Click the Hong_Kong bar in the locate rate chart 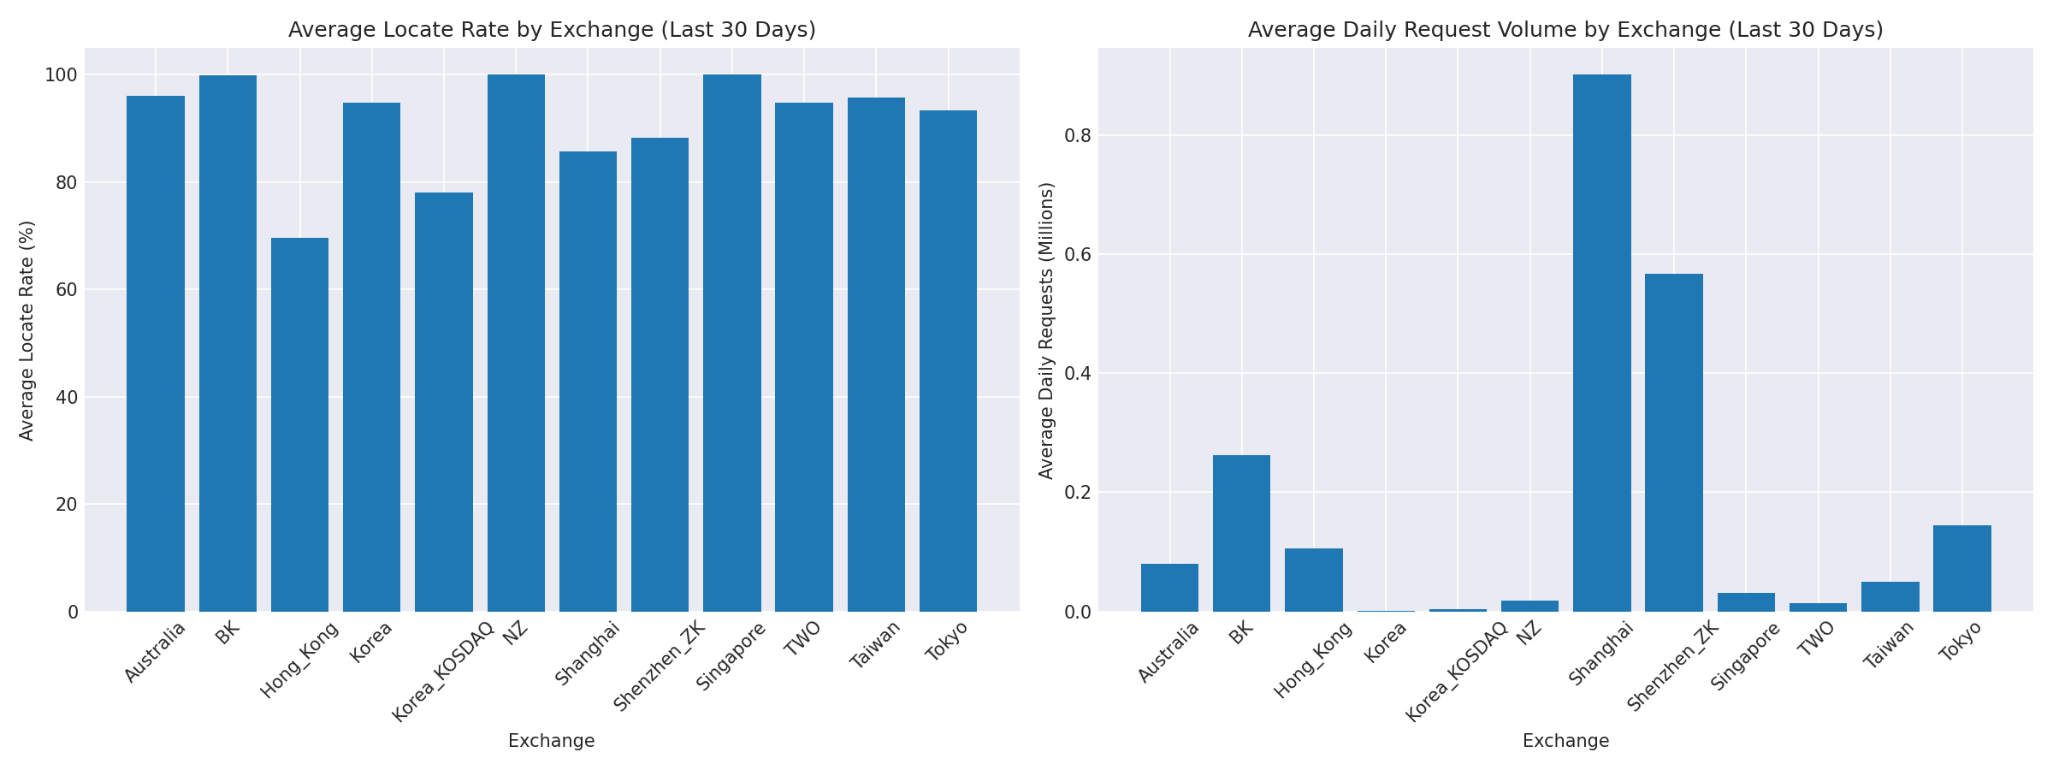tap(299, 424)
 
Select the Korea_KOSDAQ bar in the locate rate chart tap(443, 402)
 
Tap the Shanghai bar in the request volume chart tap(1601, 342)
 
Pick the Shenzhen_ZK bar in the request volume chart tap(1673, 442)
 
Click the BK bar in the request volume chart tap(1241, 533)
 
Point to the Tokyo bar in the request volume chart tap(1961, 568)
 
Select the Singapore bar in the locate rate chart tap(731, 342)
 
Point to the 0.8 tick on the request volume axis tap(1075, 136)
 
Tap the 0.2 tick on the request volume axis tap(1075, 493)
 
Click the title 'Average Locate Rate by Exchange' tap(552, 31)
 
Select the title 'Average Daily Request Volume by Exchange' tap(1565, 31)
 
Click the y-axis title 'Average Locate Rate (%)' tap(27, 330)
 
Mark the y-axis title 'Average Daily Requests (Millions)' tap(1046, 330)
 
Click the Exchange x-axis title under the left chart tap(552, 741)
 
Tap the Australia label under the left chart tap(155, 652)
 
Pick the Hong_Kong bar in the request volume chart tap(1313, 580)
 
